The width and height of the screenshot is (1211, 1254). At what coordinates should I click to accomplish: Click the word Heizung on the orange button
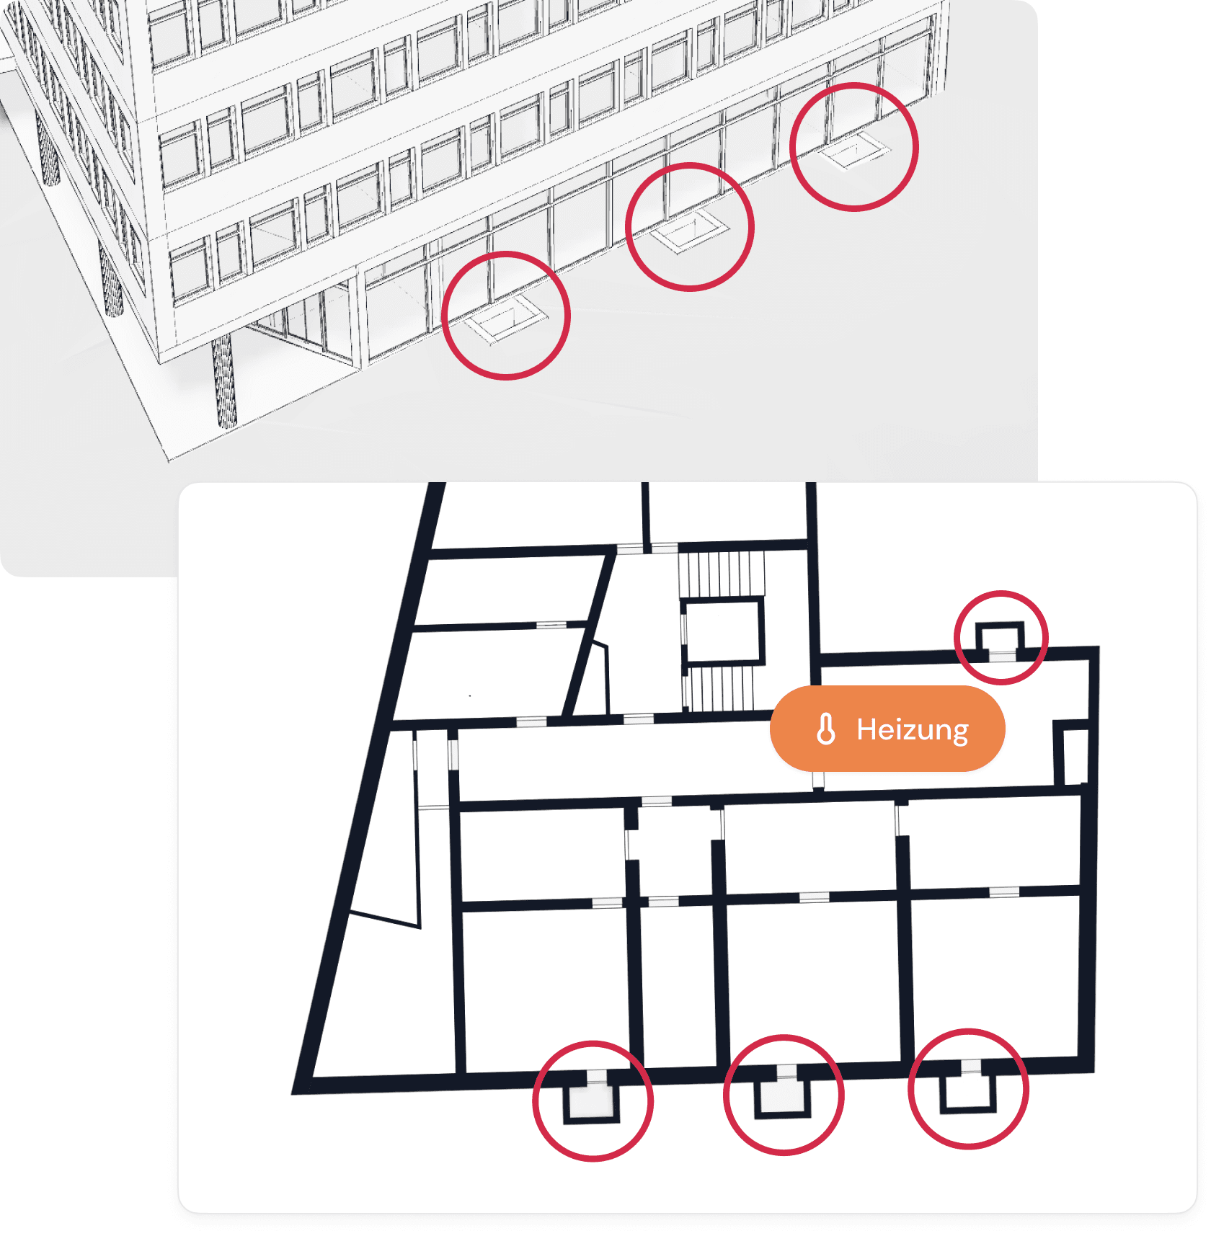912,729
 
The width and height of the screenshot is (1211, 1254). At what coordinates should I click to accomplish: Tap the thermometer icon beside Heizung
826,729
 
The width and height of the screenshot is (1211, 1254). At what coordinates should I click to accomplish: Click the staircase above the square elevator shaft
721,574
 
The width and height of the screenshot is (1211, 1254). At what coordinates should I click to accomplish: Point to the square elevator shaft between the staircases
722,631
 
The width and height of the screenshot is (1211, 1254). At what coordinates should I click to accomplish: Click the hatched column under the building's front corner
223,382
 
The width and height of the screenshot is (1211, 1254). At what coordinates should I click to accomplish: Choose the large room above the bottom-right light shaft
995,977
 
